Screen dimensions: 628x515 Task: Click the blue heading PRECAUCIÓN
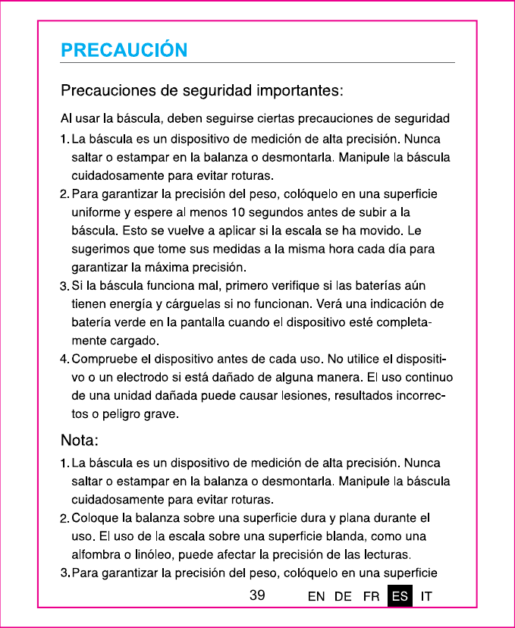coord(124,51)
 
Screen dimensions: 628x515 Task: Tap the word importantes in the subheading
coord(300,92)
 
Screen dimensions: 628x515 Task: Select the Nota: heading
coord(80,441)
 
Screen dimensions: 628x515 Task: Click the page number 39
coord(257,596)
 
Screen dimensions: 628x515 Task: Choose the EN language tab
coord(316,597)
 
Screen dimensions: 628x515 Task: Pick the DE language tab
coord(343,597)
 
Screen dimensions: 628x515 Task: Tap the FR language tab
coord(372,597)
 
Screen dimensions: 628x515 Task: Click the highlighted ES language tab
coord(400,597)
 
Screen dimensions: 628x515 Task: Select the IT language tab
coord(426,597)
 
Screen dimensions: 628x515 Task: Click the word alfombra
coord(96,554)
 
